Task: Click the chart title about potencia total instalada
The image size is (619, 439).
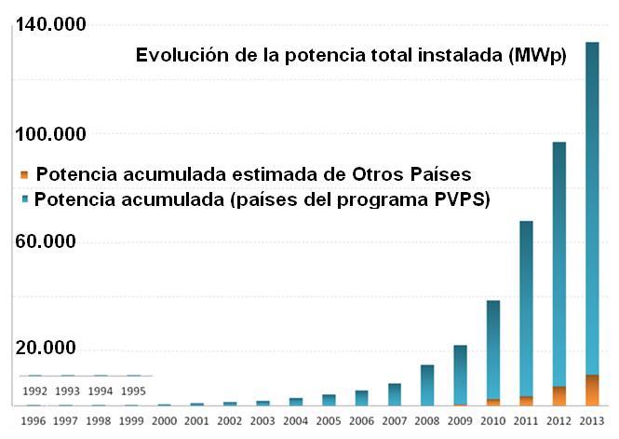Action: tap(351, 55)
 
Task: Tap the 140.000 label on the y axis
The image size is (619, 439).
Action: tap(50, 24)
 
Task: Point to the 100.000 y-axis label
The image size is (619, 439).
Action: tap(50, 134)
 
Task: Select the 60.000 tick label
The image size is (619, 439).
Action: tap(46, 241)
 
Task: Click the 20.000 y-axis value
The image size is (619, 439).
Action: tap(46, 348)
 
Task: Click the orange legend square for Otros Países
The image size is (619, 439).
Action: tap(24, 174)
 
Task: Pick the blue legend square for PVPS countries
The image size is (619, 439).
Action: tap(25, 199)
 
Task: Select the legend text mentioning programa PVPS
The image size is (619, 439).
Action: tap(262, 199)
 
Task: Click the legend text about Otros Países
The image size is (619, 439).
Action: tap(254, 174)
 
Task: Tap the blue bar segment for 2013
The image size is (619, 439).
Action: tap(592, 209)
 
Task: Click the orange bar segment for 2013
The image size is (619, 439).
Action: tap(592, 391)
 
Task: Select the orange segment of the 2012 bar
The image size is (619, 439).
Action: tap(559, 396)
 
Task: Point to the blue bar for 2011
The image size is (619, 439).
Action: tap(526, 309)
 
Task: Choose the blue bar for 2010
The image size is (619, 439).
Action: tap(493, 350)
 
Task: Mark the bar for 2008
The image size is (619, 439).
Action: tap(427, 385)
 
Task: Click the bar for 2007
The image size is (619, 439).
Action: tap(395, 395)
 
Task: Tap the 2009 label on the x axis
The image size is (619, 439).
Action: tap(460, 421)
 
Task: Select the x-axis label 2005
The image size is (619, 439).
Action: tap(329, 421)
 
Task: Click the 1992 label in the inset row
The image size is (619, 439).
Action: tap(34, 391)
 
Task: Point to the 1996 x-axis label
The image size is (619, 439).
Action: tap(34, 421)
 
